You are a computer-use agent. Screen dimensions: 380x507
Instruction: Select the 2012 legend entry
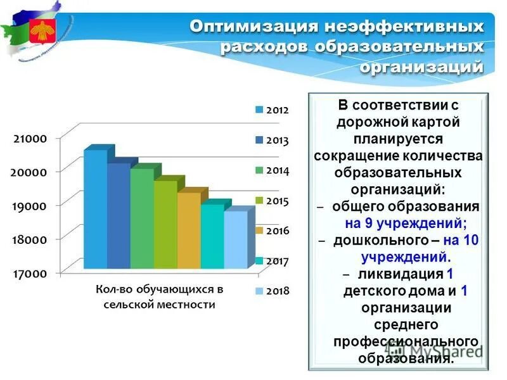(272, 110)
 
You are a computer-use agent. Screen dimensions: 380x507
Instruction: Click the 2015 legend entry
(272, 201)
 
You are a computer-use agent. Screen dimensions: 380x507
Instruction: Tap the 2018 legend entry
(272, 291)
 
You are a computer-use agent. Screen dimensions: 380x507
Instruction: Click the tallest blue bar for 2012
(96, 209)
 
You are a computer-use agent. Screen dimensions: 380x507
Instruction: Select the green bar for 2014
(142, 218)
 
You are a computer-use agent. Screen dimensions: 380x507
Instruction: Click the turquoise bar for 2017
(212, 236)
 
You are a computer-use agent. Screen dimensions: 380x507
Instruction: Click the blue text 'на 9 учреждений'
(406, 223)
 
